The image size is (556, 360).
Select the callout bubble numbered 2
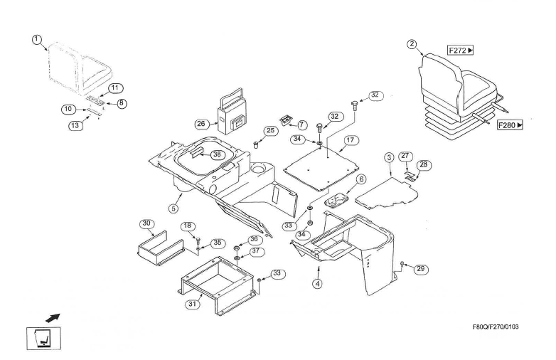[412, 44]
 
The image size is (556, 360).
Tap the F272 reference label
[461, 51]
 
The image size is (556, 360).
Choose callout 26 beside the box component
[201, 124]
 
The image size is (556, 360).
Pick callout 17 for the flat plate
[349, 141]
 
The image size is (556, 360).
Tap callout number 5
[173, 208]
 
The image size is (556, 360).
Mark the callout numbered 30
[146, 223]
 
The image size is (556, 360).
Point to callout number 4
[318, 282]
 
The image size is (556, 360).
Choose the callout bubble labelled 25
[270, 131]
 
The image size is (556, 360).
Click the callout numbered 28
[423, 165]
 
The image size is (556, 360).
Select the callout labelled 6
[361, 180]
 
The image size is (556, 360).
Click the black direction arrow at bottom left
[52, 315]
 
